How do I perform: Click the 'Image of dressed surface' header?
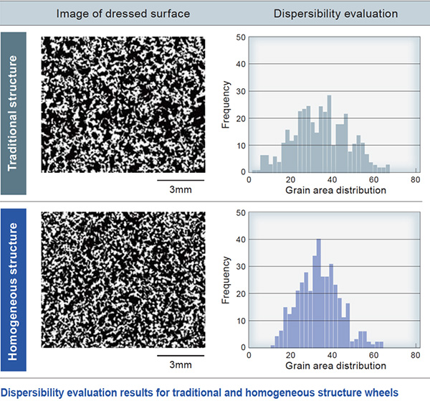coord(123,14)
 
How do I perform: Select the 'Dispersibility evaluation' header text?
coord(335,14)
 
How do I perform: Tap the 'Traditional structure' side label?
coord(13,113)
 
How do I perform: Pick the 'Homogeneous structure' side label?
coord(13,291)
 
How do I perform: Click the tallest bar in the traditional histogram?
coord(330,133)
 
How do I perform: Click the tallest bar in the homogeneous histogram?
coord(319,293)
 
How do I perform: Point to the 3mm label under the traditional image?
coord(181,189)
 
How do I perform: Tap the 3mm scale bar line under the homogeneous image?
coord(181,355)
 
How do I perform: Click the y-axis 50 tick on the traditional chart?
coord(241,37)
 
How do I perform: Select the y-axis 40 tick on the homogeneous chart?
coord(241,240)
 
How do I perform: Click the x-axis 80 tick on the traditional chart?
coord(416,179)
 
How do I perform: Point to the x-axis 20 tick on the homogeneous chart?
coord(290,355)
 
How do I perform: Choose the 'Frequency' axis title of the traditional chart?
coord(226,105)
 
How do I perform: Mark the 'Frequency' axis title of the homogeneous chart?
coord(226,280)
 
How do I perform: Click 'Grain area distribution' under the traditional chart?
coord(335,190)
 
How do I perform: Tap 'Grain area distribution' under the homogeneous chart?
coord(335,366)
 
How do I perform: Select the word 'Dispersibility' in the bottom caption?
coord(33,393)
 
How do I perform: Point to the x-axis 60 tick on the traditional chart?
coord(374,179)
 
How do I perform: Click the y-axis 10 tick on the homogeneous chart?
coord(241,321)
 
